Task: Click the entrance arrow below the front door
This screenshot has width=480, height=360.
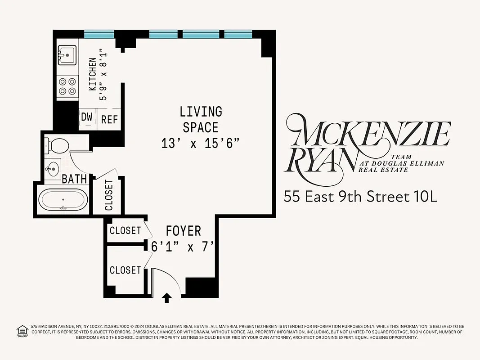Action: coord(167,297)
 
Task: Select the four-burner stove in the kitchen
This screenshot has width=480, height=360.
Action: coord(67,87)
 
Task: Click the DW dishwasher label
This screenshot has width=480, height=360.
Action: coord(86,118)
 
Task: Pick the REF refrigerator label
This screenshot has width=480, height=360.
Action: coord(109,119)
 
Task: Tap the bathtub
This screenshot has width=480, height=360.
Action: coord(63,200)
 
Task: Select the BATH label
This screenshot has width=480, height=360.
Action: coord(74,179)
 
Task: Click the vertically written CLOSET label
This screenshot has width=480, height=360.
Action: coord(108,195)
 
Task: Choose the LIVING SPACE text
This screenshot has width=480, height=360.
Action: coord(201,119)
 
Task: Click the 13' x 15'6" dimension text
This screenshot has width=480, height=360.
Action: coord(200,143)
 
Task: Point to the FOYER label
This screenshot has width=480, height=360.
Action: coord(183,231)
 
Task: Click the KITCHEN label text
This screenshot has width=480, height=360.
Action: coord(92,74)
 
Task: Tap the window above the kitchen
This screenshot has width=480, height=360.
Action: coord(99,34)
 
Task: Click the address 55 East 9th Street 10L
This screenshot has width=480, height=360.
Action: coord(360,197)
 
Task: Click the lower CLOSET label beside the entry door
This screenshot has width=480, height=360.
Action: coord(125,270)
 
